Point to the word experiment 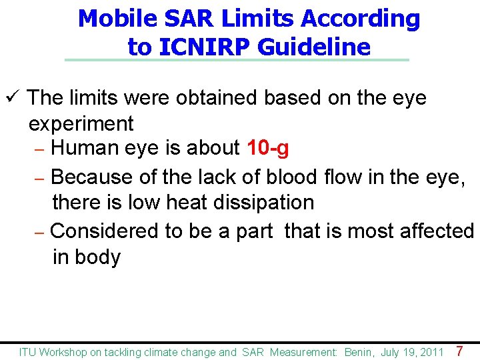pos(81,123)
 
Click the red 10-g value pos(267,148)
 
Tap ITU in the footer pos(28,352)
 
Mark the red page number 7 pos(459,351)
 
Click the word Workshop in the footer pos(63,352)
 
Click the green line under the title pos(237,60)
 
